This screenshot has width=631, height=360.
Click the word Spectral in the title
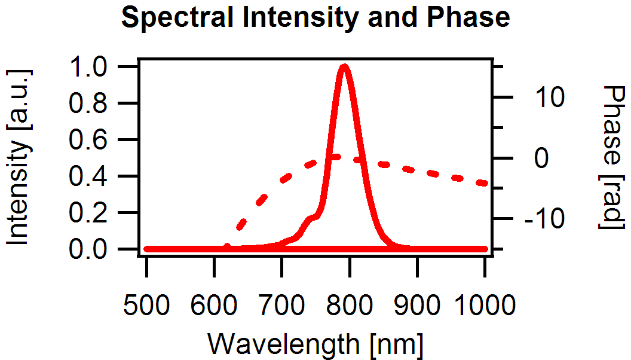click(173, 18)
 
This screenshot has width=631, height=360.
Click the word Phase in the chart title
click(470, 18)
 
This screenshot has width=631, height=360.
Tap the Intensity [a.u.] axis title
click(19, 157)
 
